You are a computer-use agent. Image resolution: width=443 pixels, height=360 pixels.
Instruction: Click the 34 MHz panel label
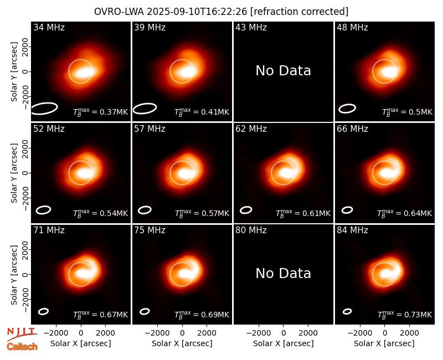coord(49,27)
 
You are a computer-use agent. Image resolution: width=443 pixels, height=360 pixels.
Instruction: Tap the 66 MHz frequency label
coord(352,129)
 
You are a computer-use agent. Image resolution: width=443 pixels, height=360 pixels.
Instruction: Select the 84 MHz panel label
coord(352,230)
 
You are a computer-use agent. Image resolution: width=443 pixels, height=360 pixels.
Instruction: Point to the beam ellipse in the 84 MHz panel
coord(347,311)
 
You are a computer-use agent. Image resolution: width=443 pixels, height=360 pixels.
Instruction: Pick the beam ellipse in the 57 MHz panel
coord(145,210)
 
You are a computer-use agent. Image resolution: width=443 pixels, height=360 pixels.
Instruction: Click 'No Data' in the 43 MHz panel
coord(283,71)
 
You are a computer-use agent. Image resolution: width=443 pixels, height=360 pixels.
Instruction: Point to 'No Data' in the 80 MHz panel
coord(283,273)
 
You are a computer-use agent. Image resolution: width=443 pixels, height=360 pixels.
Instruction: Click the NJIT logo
coord(22,333)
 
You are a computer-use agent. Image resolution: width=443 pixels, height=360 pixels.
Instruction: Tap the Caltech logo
coord(22,347)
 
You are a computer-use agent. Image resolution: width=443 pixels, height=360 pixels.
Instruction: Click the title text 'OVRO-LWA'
coord(119,12)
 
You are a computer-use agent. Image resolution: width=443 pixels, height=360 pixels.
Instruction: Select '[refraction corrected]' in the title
coord(300,12)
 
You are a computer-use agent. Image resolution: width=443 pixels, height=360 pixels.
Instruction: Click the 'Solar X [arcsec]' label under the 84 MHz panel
coord(384,343)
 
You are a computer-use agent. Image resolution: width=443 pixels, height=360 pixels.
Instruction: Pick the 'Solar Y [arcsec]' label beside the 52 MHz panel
coord(14,173)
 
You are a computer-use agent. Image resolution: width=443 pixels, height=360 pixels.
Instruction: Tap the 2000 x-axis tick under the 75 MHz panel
coord(207,333)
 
